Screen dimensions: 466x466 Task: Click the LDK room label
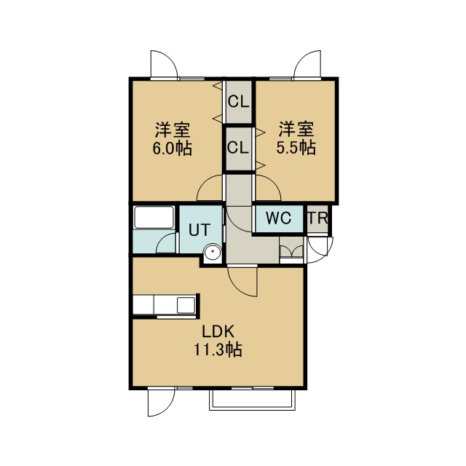(x=218, y=331)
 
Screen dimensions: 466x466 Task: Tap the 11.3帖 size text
(x=218, y=349)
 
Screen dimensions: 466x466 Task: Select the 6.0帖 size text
(x=173, y=149)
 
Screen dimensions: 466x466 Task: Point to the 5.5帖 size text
(x=296, y=148)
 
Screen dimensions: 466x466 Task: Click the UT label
(x=200, y=230)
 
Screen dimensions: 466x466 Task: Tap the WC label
(x=278, y=218)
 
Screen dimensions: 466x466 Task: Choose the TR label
(x=317, y=218)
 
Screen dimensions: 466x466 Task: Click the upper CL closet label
(x=238, y=102)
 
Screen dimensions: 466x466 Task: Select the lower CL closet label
(x=238, y=147)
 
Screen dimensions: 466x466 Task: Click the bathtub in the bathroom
(x=154, y=217)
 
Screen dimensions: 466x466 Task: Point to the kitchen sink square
(x=186, y=304)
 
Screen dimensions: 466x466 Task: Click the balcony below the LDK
(x=253, y=400)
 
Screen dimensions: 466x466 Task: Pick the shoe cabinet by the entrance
(x=291, y=250)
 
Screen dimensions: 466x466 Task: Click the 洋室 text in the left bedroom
(x=173, y=130)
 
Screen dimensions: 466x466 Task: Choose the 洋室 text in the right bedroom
(x=296, y=129)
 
